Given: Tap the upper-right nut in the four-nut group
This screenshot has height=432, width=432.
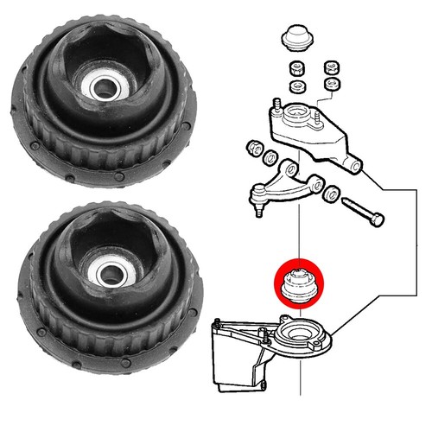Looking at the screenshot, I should [x=329, y=67].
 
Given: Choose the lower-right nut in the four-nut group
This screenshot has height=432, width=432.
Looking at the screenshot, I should [x=329, y=84].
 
